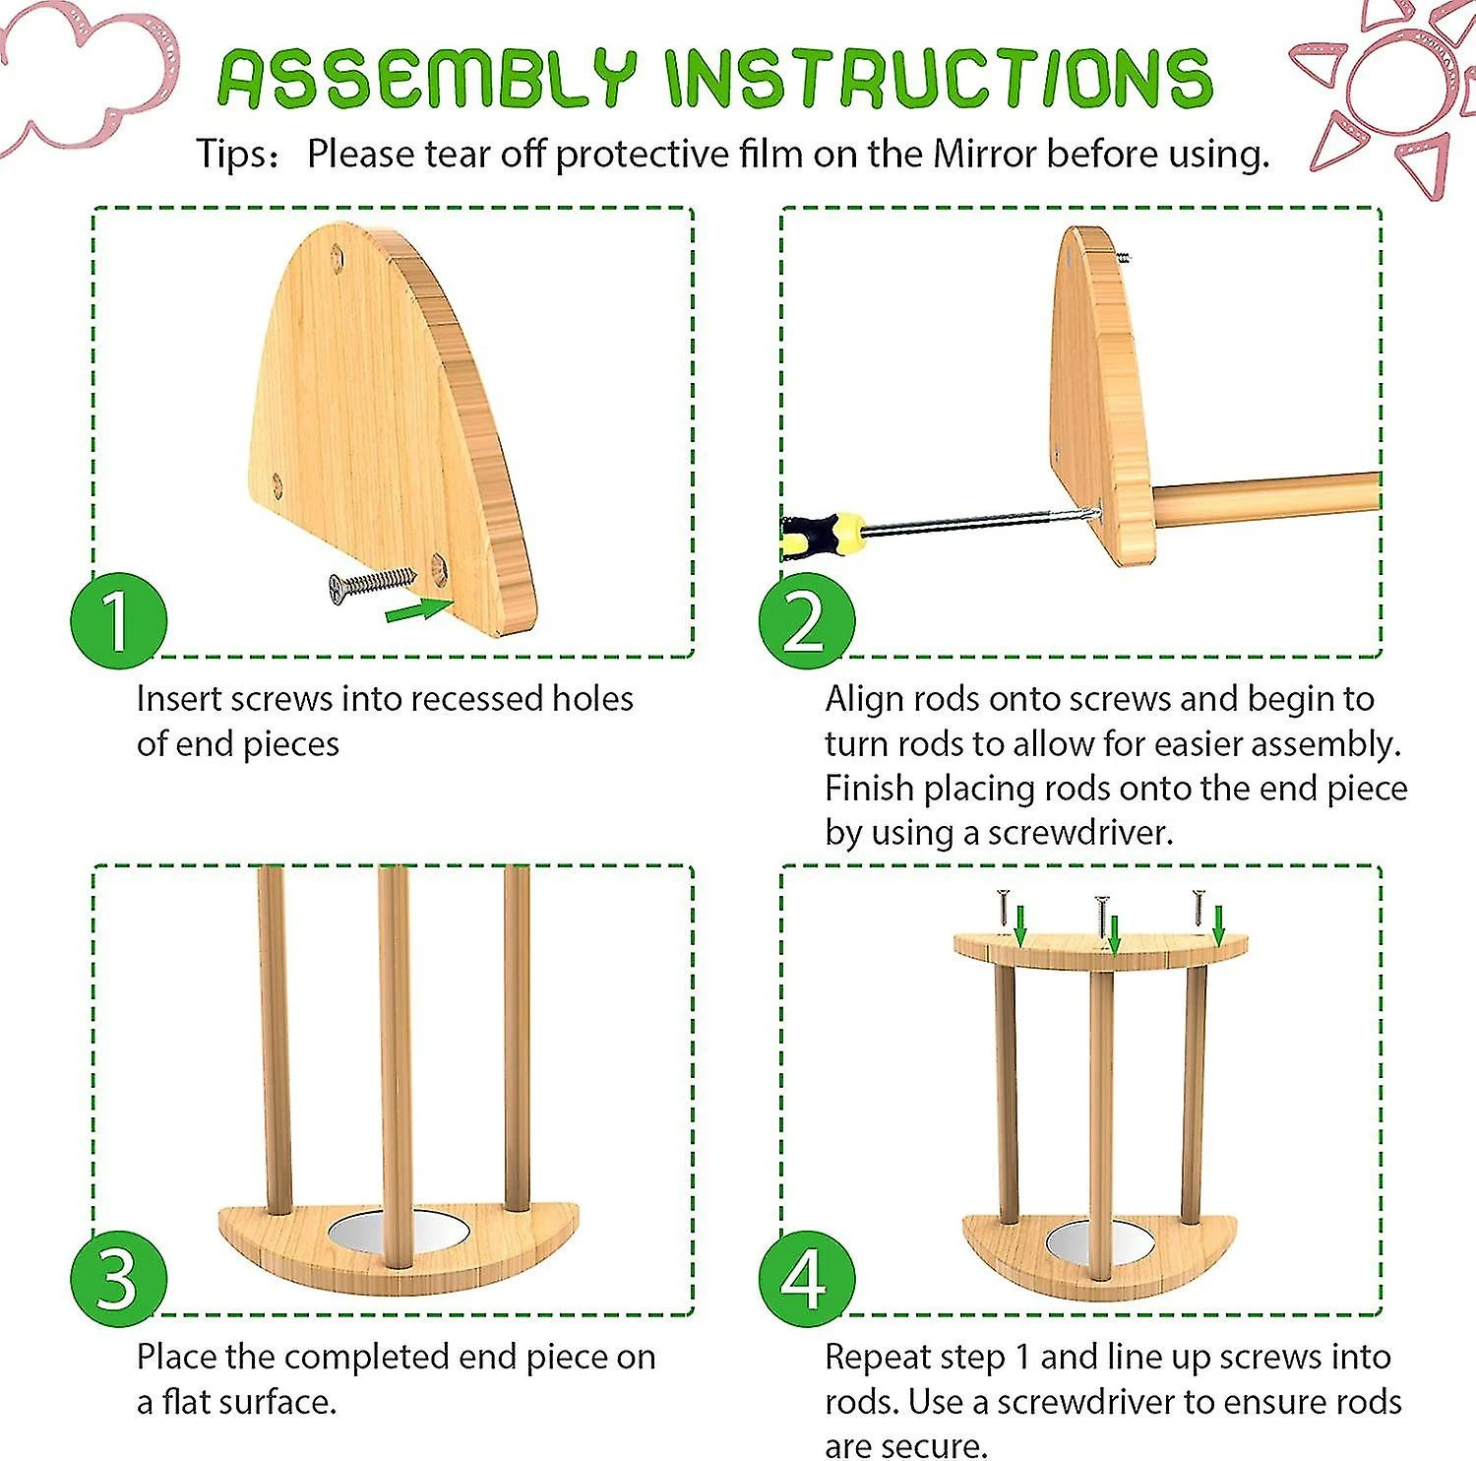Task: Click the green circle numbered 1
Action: pyautogui.click(x=118, y=620)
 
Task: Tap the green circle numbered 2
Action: pyautogui.click(x=806, y=620)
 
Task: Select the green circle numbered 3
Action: pyautogui.click(x=118, y=1278)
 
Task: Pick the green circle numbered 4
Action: pyautogui.click(x=806, y=1278)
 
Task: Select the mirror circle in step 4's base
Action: pyautogui.click(x=1099, y=1241)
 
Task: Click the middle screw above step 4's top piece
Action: pyautogui.click(x=1101, y=915)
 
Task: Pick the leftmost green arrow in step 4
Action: pyautogui.click(x=1020, y=926)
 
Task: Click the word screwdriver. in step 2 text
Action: pyautogui.click(x=1081, y=834)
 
